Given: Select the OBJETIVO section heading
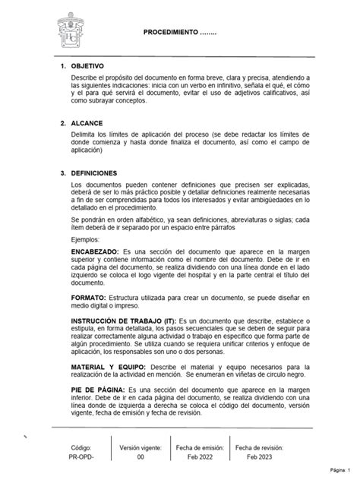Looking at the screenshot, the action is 93,66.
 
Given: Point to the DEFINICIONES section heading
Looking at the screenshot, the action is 99,173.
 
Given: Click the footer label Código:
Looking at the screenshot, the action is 81,448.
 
